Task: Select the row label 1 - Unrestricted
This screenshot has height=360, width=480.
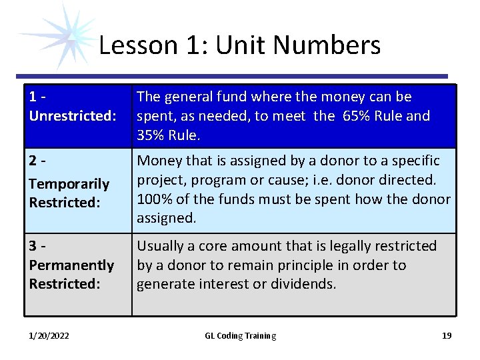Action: [72, 107]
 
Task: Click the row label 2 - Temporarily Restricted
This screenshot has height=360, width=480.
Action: [69, 183]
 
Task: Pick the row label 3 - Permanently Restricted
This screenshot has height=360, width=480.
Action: [71, 265]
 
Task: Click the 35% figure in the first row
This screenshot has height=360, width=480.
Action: [151, 135]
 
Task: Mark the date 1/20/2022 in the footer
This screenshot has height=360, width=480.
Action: [49, 335]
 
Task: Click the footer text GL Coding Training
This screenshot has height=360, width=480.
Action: [240, 335]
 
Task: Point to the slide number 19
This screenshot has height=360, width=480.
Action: [447, 335]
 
